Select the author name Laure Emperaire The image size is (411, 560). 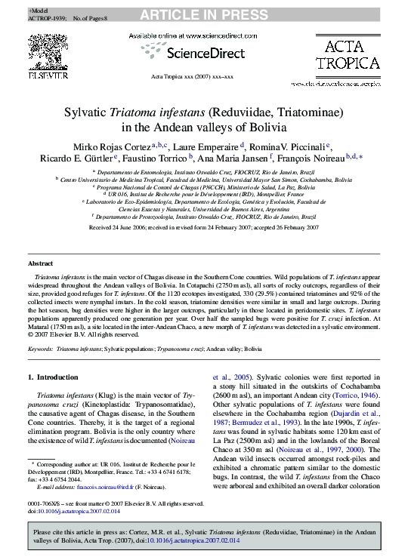point(227,146)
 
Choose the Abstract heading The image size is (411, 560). point(40,263)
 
